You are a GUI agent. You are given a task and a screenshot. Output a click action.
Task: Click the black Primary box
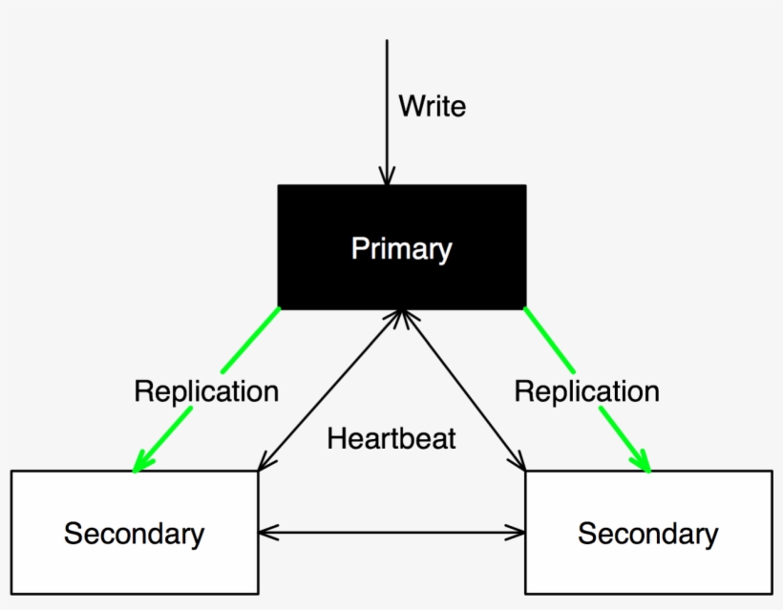pos(402,247)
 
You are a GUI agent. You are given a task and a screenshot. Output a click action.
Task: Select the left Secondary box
pos(135,532)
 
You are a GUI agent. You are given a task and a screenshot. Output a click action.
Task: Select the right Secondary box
pos(648,532)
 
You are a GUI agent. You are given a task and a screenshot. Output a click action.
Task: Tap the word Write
pos(433,106)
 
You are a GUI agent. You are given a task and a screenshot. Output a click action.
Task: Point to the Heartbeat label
pos(391,439)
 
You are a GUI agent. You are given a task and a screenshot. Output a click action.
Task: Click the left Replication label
pos(206,391)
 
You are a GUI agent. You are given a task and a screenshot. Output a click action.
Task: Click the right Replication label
pos(586,391)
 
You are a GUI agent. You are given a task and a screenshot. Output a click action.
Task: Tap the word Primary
pos(402,248)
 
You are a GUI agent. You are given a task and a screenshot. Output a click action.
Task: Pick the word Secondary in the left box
pos(135,534)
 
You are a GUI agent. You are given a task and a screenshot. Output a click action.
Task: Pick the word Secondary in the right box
pos(648,534)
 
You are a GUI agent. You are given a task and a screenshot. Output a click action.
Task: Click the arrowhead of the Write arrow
pos(387,177)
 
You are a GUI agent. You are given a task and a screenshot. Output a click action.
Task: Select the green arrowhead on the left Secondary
pos(143,461)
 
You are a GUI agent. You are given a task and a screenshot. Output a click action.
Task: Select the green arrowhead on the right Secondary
pos(641,461)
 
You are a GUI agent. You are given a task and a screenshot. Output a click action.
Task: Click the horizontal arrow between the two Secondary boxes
pos(392,533)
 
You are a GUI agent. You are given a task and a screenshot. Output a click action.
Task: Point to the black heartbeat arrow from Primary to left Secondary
pos(330,389)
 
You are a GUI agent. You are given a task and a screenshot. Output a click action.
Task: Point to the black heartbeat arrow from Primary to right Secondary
pos(463,389)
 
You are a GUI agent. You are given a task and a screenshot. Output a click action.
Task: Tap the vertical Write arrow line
pos(387,113)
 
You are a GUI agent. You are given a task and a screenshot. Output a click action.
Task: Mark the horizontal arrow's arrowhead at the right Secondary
pos(516,533)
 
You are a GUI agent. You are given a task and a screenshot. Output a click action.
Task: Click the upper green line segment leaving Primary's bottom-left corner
pos(251,340)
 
